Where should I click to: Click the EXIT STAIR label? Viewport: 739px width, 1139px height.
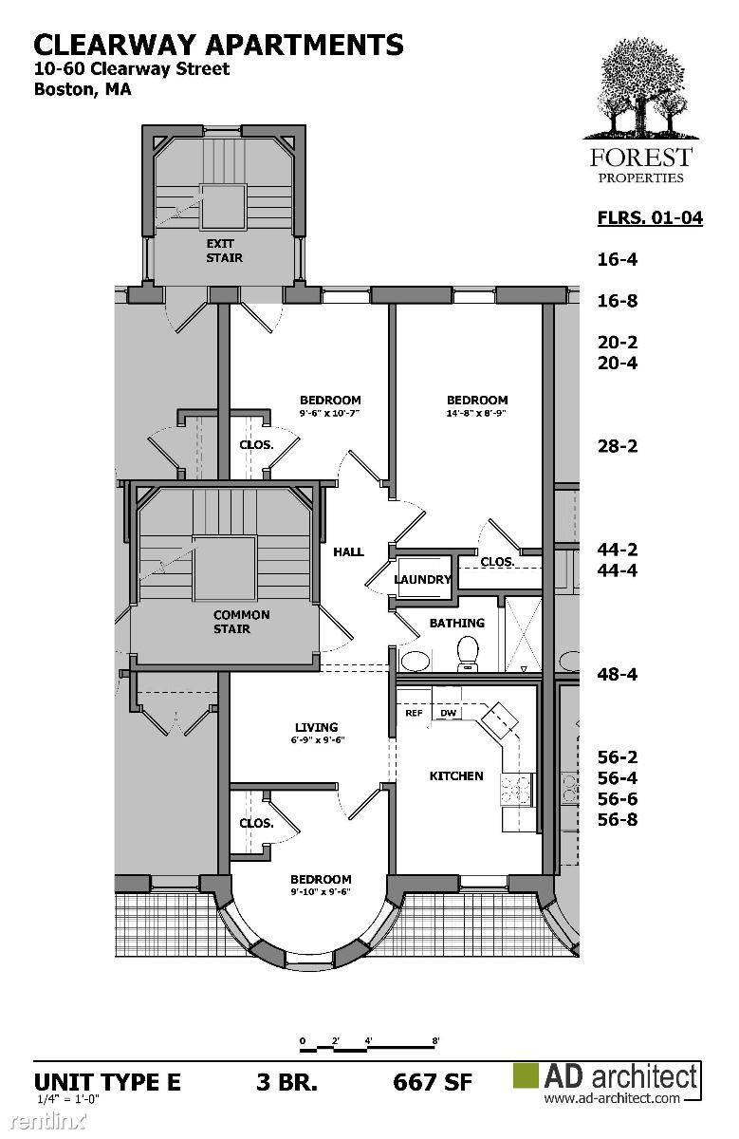[224, 251]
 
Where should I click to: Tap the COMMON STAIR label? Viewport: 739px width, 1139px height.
[241, 622]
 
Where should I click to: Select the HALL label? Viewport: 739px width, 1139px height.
[348, 551]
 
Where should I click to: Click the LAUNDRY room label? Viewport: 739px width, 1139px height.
[423, 579]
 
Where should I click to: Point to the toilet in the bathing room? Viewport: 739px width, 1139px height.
[468, 654]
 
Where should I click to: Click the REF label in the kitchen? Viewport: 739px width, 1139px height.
[414, 713]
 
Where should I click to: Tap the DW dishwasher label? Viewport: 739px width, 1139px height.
[448, 713]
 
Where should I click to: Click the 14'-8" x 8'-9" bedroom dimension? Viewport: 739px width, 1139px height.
[477, 414]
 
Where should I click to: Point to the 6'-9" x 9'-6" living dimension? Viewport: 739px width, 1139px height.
[318, 739]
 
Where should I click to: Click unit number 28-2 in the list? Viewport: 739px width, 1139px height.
[617, 446]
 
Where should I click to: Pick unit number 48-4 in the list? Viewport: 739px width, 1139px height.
[617, 674]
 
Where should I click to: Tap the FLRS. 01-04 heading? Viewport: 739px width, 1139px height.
[650, 217]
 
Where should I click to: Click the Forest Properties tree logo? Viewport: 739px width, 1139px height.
[641, 89]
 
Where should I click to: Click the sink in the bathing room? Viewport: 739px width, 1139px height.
[416, 661]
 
